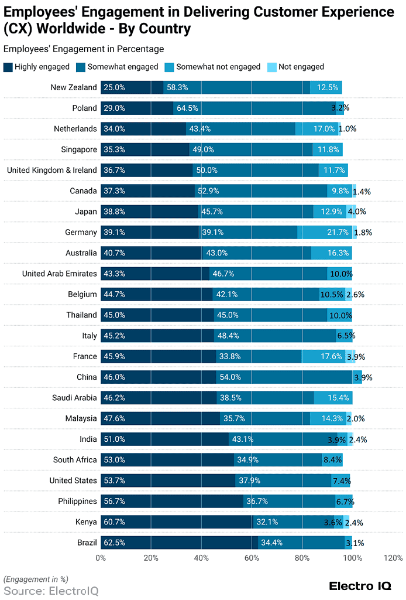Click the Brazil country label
point(87,543)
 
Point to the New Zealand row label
point(74,87)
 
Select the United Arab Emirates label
point(59,274)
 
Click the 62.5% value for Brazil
point(114,543)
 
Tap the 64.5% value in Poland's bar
point(187,108)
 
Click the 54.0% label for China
point(230,377)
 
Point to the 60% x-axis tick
point(252,558)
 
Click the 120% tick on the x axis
point(393,558)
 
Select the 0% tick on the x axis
point(101,558)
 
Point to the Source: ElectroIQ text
point(43,590)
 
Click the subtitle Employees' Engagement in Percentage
point(84,49)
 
